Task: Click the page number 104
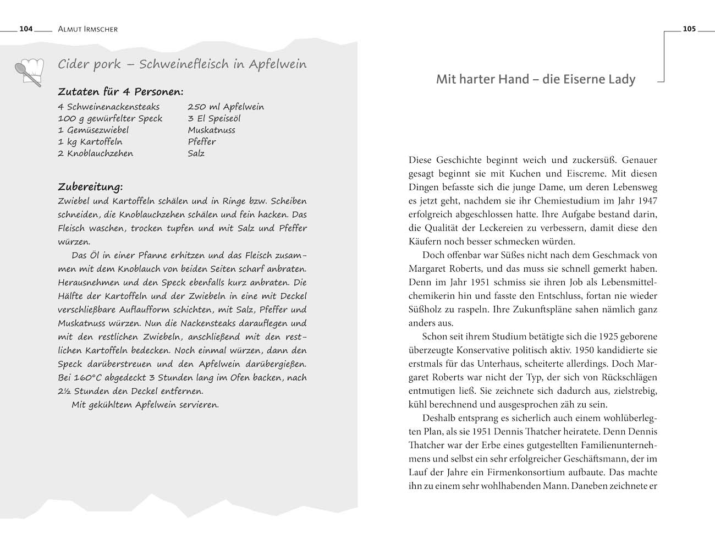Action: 26,29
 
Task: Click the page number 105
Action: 689,29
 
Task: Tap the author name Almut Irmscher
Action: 87,29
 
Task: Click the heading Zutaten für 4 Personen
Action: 120,92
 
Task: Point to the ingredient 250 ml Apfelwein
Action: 226,107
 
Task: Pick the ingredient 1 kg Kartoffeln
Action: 90,141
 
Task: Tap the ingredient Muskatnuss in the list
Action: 211,130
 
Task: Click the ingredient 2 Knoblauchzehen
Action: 95,153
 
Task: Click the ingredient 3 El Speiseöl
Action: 214,118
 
